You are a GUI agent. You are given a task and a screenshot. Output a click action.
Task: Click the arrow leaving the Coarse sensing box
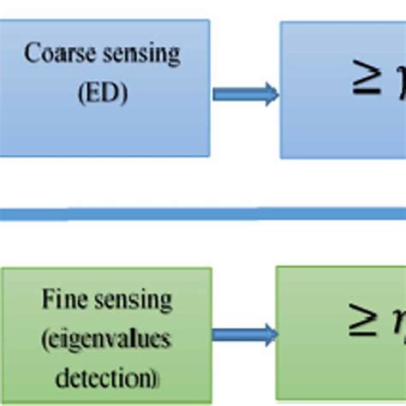[245, 93]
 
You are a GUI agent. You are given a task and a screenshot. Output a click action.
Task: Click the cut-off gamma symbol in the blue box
[397, 84]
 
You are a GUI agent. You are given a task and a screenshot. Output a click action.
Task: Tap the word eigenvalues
[105, 340]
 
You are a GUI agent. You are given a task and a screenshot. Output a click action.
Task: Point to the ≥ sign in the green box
[361, 324]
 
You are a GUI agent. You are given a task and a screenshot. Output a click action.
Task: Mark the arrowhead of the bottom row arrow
[270, 335]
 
